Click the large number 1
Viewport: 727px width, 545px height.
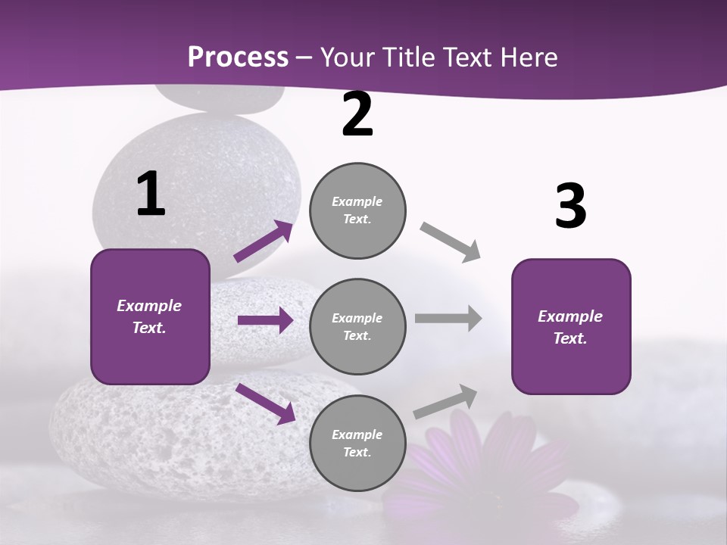[x=151, y=195]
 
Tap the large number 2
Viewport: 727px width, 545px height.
[x=357, y=114]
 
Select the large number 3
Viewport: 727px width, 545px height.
[x=570, y=207]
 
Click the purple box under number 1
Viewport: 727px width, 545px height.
[x=150, y=316]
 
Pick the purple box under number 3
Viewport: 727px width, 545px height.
[x=571, y=327]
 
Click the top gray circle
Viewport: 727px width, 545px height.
[x=357, y=210]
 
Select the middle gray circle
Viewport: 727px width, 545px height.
[x=357, y=327]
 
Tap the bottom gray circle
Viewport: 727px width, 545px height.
[x=357, y=444]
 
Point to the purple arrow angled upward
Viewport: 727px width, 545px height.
[x=264, y=241]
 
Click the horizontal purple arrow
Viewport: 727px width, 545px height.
[x=265, y=321]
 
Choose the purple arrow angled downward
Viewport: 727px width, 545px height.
[x=265, y=403]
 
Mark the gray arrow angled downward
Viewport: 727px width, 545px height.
[x=451, y=241]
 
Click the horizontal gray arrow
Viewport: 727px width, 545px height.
[x=448, y=318]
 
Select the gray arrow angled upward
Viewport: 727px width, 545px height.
[x=446, y=401]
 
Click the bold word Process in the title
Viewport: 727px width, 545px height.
[x=238, y=57]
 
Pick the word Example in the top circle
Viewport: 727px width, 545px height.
[x=357, y=201]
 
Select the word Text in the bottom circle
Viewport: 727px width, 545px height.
[x=356, y=452]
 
